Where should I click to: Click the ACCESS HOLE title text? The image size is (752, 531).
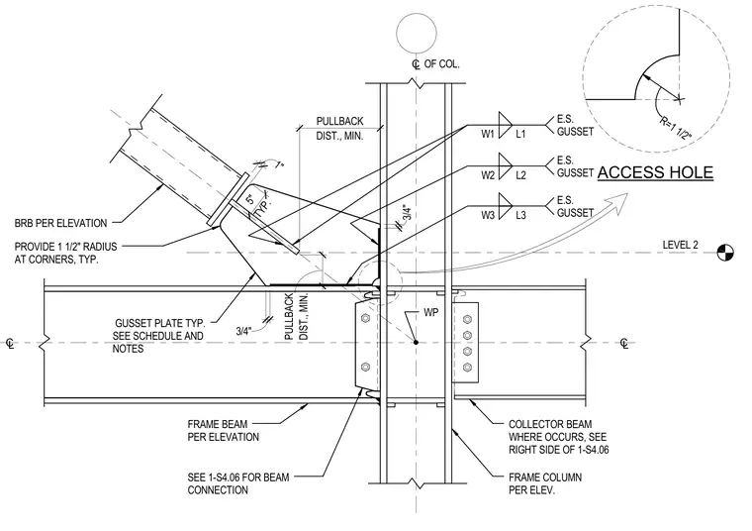point(655,172)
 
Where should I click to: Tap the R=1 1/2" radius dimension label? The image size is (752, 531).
point(676,128)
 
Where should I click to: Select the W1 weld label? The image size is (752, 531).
point(488,134)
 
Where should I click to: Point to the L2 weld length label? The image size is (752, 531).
point(520,175)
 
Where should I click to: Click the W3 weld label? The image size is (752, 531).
point(488,215)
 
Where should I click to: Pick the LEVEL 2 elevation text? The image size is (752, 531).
point(680,245)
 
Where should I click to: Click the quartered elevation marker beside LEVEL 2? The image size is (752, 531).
point(725,253)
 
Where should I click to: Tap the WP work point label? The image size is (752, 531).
point(430,312)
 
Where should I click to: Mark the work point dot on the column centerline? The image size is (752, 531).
point(416,342)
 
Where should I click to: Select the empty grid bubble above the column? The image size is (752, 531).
point(417,33)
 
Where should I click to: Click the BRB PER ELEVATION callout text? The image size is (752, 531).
point(60,223)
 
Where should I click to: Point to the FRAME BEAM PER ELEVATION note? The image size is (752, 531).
point(223,431)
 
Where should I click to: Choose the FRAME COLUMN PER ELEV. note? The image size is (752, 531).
point(545,484)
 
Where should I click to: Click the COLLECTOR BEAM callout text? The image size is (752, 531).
point(559,437)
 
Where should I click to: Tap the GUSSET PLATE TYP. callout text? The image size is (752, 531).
point(158,336)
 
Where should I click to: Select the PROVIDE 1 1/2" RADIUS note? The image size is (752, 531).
point(65,253)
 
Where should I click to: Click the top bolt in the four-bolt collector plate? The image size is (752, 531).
point(467,319)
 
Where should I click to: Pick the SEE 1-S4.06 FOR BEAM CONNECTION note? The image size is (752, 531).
point(238,484)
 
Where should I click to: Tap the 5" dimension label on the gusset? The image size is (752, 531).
point(250,199)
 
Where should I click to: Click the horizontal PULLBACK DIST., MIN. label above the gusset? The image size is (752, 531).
point(339,129)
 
